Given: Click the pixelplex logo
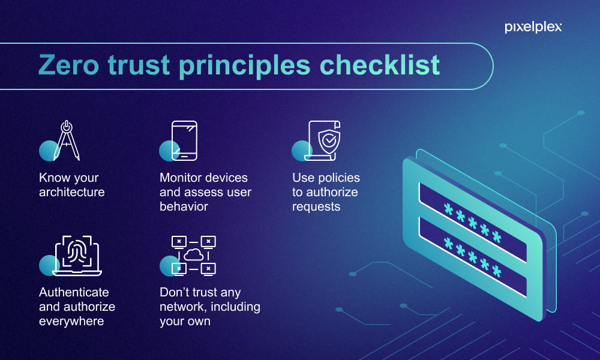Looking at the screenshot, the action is click(x=533, y=27).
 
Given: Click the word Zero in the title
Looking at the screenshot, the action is click(x=68, y=65).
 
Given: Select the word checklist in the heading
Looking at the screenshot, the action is click(x=380, y=65).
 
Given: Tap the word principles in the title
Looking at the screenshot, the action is click(x=245, y=67).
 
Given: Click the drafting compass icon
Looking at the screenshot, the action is click(x=67, y=140).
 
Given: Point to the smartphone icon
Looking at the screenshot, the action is click(x=184, y=140).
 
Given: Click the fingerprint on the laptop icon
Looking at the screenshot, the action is click(x=77, y=253).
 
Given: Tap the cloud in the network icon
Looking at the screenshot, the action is click(x=194, y=254).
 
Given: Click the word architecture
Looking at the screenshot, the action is click(x=72, y=192).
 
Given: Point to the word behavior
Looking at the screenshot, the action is click(x=184, y=206).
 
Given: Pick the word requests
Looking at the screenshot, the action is click(x=316, y=207).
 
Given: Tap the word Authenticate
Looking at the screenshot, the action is click(x=74, y=292).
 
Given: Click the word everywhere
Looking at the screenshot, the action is click(x=71, y=322).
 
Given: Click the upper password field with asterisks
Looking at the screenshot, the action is click(x=473, y=222).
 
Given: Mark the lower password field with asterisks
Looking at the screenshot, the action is click(x=473, y=257).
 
